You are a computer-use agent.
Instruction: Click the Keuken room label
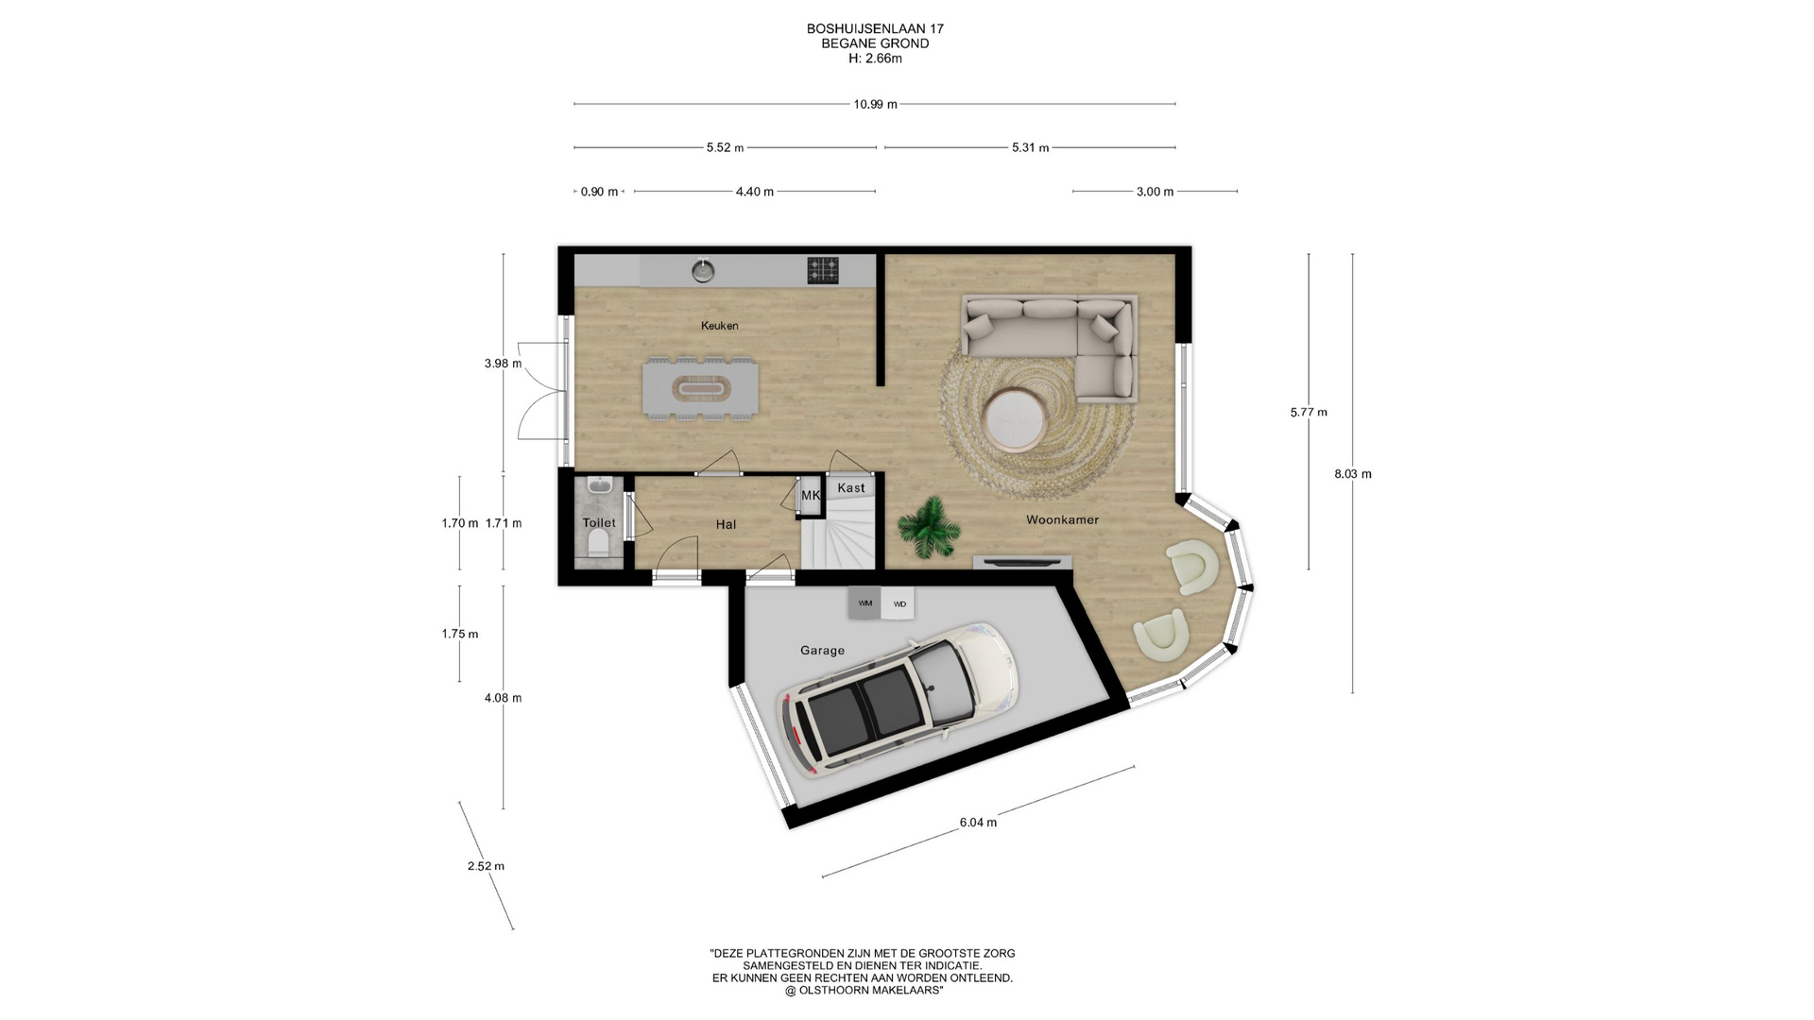coord(719,326)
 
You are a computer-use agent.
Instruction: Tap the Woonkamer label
coord(1062,519)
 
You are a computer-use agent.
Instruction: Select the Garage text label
coord(822,651)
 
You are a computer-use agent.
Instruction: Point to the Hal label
coord(726,524)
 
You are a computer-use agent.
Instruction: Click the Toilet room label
coord(599,522)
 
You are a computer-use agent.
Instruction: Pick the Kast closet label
coord(851,488)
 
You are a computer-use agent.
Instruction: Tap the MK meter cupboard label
coord(811,495)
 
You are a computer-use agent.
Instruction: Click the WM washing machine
coord(864,603)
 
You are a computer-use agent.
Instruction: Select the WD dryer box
coord(898,603)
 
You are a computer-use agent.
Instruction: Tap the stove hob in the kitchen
coord(823,271)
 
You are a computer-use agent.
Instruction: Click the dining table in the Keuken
coord(700,388)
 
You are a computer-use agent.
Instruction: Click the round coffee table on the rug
coord(1014,418)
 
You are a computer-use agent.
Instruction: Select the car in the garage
coord(897,698)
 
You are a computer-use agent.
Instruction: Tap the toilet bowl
coord(598,544)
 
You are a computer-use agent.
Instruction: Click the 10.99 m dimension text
coord(875,104)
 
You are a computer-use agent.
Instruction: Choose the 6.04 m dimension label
coord(978,823)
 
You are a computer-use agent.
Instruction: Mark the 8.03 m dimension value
coord(1353,474)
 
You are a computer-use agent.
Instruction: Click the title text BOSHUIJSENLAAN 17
coord(875,29)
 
